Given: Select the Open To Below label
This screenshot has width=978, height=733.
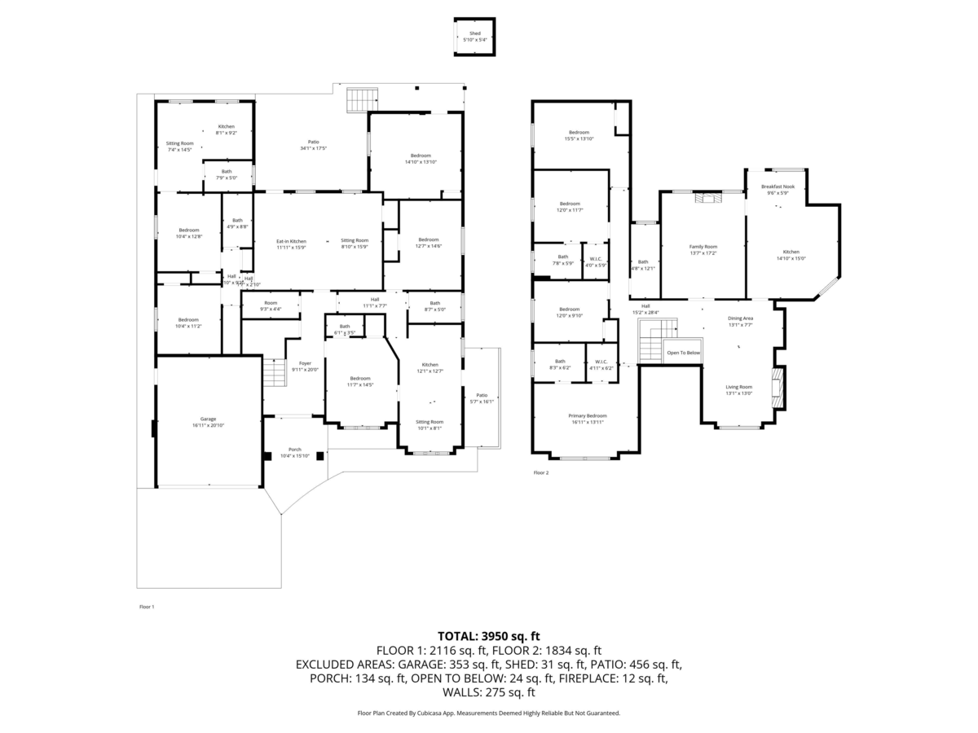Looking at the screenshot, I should [x=683, y=353].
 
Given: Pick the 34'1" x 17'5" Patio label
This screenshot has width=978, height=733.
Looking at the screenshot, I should [x=313, y=144].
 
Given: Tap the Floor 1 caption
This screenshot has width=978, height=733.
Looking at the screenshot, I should [x=146, y=607].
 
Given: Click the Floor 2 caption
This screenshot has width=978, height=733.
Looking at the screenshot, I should [x=541, y=472].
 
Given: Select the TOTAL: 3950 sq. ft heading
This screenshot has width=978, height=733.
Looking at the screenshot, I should [x=489, y=636].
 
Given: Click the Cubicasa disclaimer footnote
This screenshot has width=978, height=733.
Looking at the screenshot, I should [x=489, y=713].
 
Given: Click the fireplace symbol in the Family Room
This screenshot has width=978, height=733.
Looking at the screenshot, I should [x=703, y=197].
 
